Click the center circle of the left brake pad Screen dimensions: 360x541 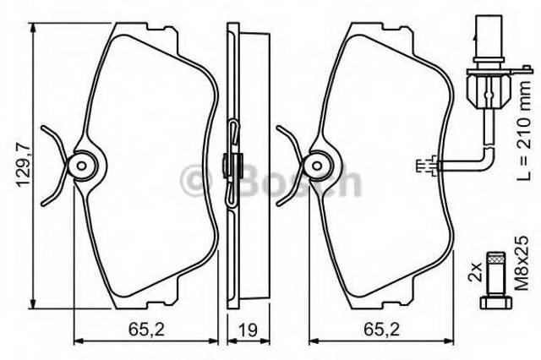click(x=82, y=163)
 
